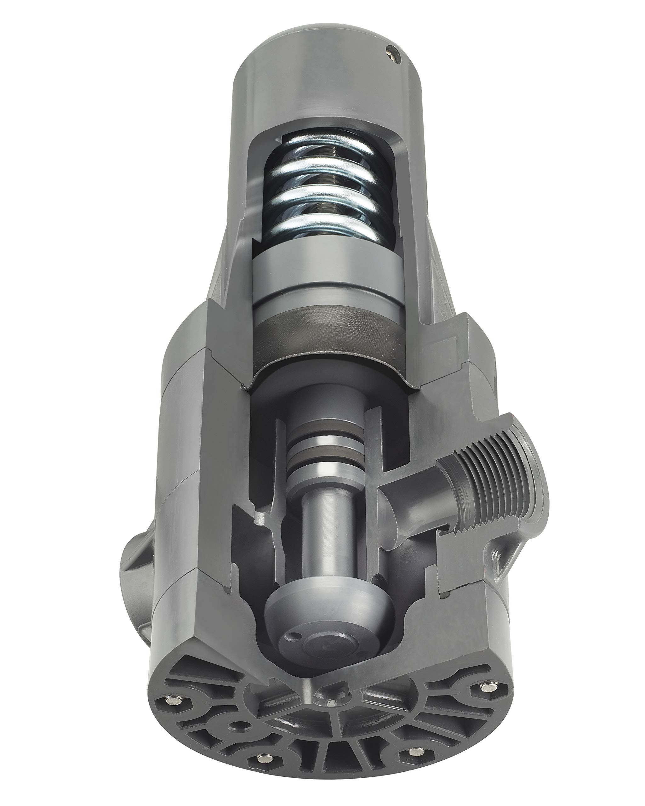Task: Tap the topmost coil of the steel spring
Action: [x=325, y=148]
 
